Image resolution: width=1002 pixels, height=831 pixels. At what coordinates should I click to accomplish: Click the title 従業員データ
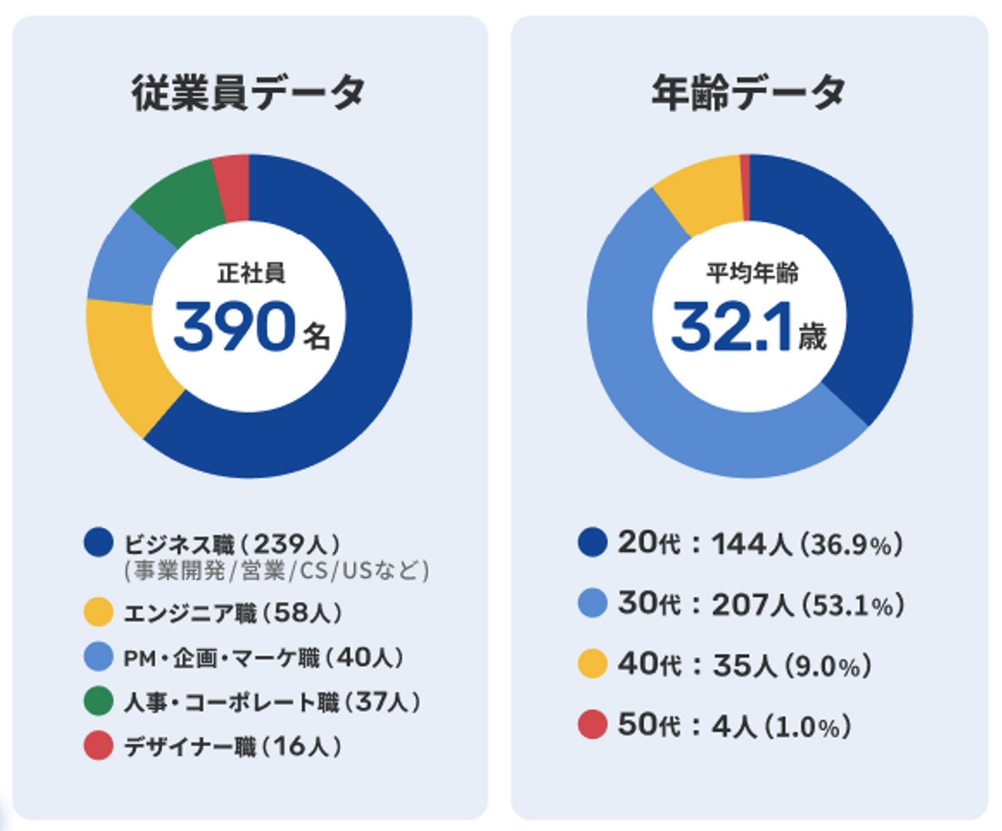pos(249,93)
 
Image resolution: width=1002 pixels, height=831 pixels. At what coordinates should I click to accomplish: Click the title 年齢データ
pos(749,93)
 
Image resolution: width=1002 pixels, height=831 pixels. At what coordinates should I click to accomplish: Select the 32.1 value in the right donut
pos(731,326)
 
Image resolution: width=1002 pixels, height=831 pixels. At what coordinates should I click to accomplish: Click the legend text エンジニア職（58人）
pos(232,613)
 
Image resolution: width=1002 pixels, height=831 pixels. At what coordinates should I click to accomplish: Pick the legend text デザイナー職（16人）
pos(232,746)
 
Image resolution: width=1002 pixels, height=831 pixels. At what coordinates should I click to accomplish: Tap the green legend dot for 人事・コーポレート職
pos(98,702)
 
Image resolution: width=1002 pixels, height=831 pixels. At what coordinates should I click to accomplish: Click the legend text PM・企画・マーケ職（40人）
pos(263,658)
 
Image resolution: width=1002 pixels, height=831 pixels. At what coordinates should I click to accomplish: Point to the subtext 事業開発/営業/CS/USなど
pos(276,571)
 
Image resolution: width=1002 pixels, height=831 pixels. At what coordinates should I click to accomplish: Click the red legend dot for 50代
pos(592,725)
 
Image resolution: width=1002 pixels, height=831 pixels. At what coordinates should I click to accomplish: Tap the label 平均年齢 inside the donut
pos(752,273)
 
